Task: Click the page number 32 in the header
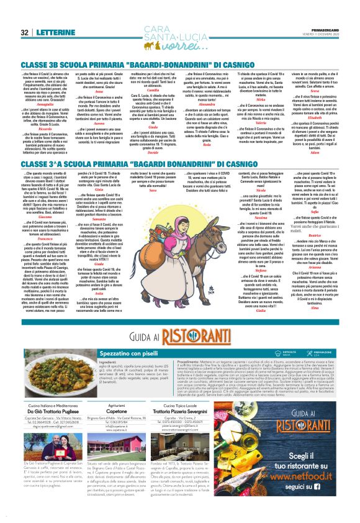point(25,32)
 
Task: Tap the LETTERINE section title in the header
point(55,32)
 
